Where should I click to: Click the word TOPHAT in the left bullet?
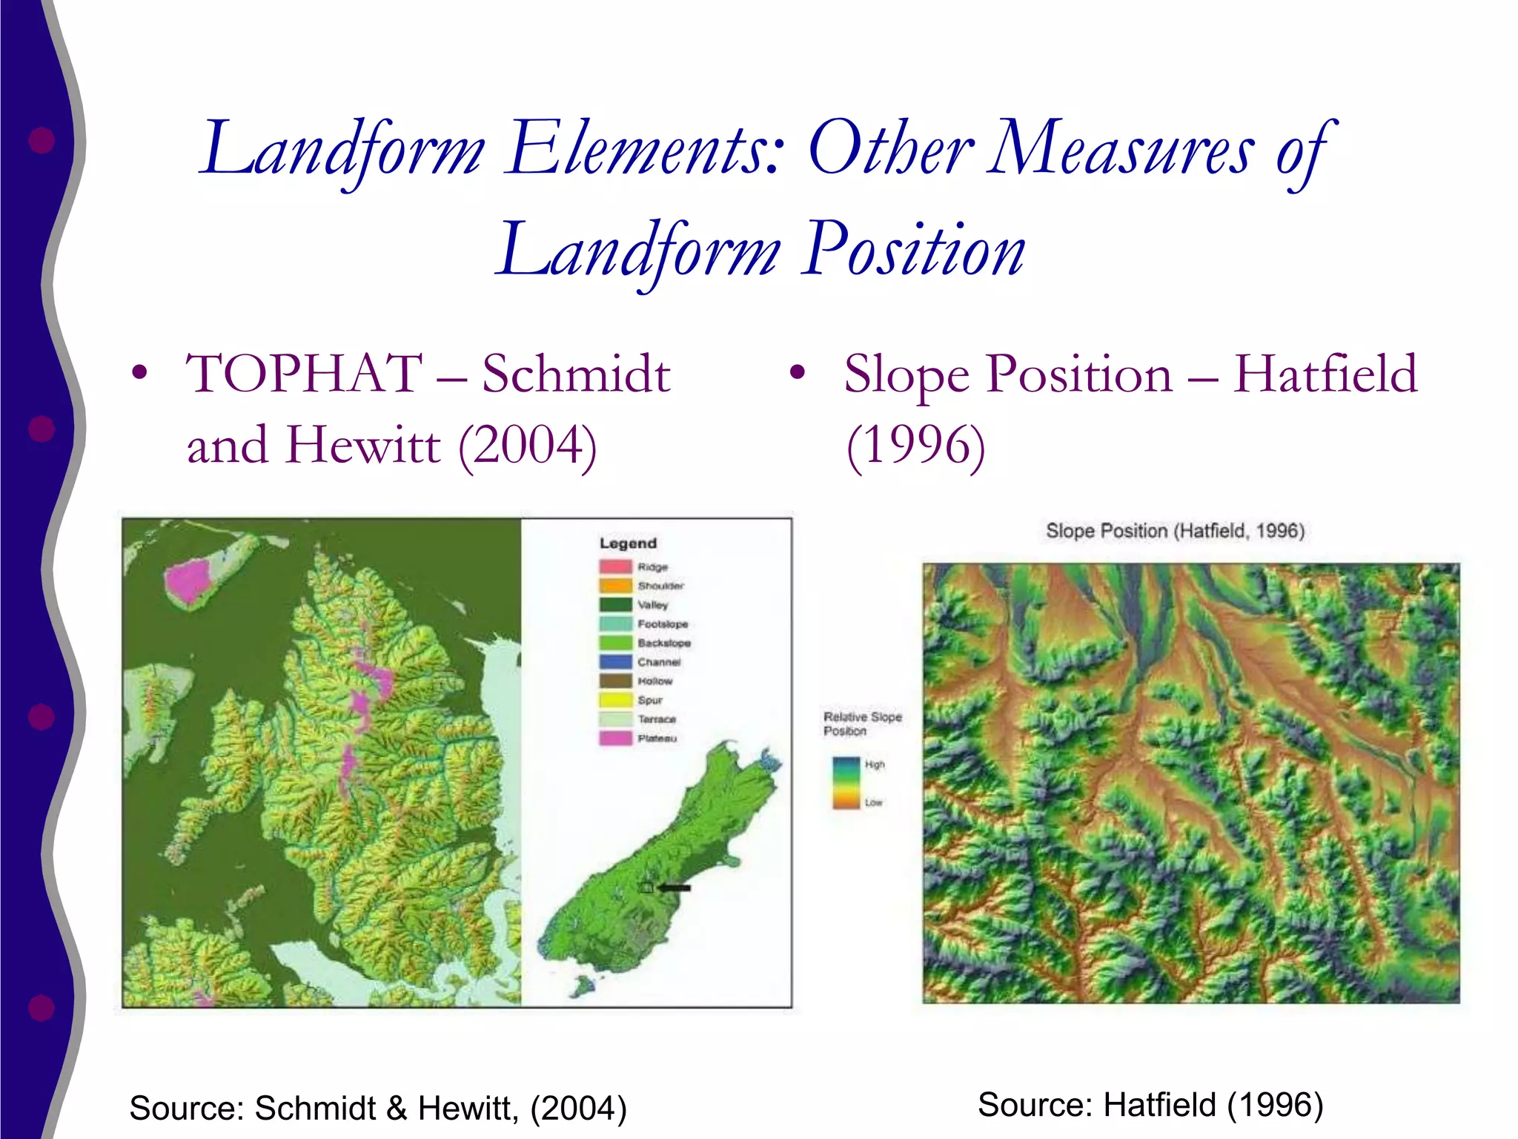coord(304,374)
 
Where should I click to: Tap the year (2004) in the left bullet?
coord(528,446)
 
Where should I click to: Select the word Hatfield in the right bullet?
coord(1325,374)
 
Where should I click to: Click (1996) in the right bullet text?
coord(916,446)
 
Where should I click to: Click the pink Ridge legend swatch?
coord(615,567)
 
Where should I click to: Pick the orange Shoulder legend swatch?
coord(615,586)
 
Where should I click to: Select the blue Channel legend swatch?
coord(615,661)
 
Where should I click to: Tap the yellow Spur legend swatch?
coord(615,700)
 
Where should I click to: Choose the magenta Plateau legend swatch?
coord(615,739)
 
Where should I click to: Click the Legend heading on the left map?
coord(628,544)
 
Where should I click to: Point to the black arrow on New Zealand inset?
coord(675,888)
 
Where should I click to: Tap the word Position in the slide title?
coord(915,251)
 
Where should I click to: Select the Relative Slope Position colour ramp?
coord(845,783)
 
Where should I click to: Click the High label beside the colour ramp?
coord(875,765)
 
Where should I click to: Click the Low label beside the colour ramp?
coord(874,802)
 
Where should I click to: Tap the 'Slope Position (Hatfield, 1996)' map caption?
coord(1175,531)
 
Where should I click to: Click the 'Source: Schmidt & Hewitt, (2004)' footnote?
coord(378,1108)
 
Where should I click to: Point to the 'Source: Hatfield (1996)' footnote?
coord(1150,1105)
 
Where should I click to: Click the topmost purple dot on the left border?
coord(42,139)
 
